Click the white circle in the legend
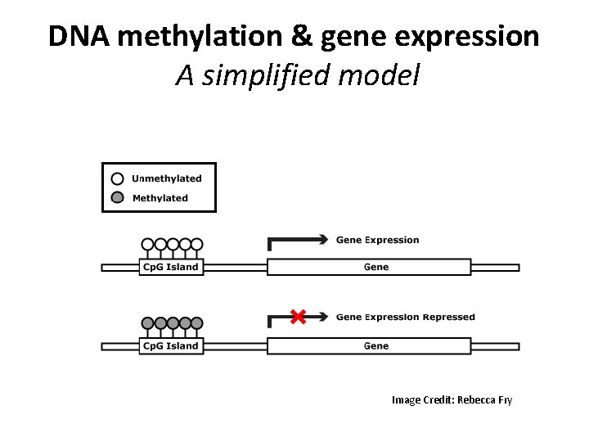coord(118,178)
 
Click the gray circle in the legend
coord(118,198)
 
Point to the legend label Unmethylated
coord(166,178)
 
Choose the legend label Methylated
coord(160,198)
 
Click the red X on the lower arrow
coord(298,317)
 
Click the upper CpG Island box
coord(170,268)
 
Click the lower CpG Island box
coord(170,346)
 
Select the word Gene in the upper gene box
coord(375,268)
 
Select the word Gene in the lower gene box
coord(375,346)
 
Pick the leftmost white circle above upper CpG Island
coord(147,244)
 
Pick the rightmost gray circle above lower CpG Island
coord(196,322)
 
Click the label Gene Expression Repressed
coord(405,318)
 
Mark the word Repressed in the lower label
coord(448,318)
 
